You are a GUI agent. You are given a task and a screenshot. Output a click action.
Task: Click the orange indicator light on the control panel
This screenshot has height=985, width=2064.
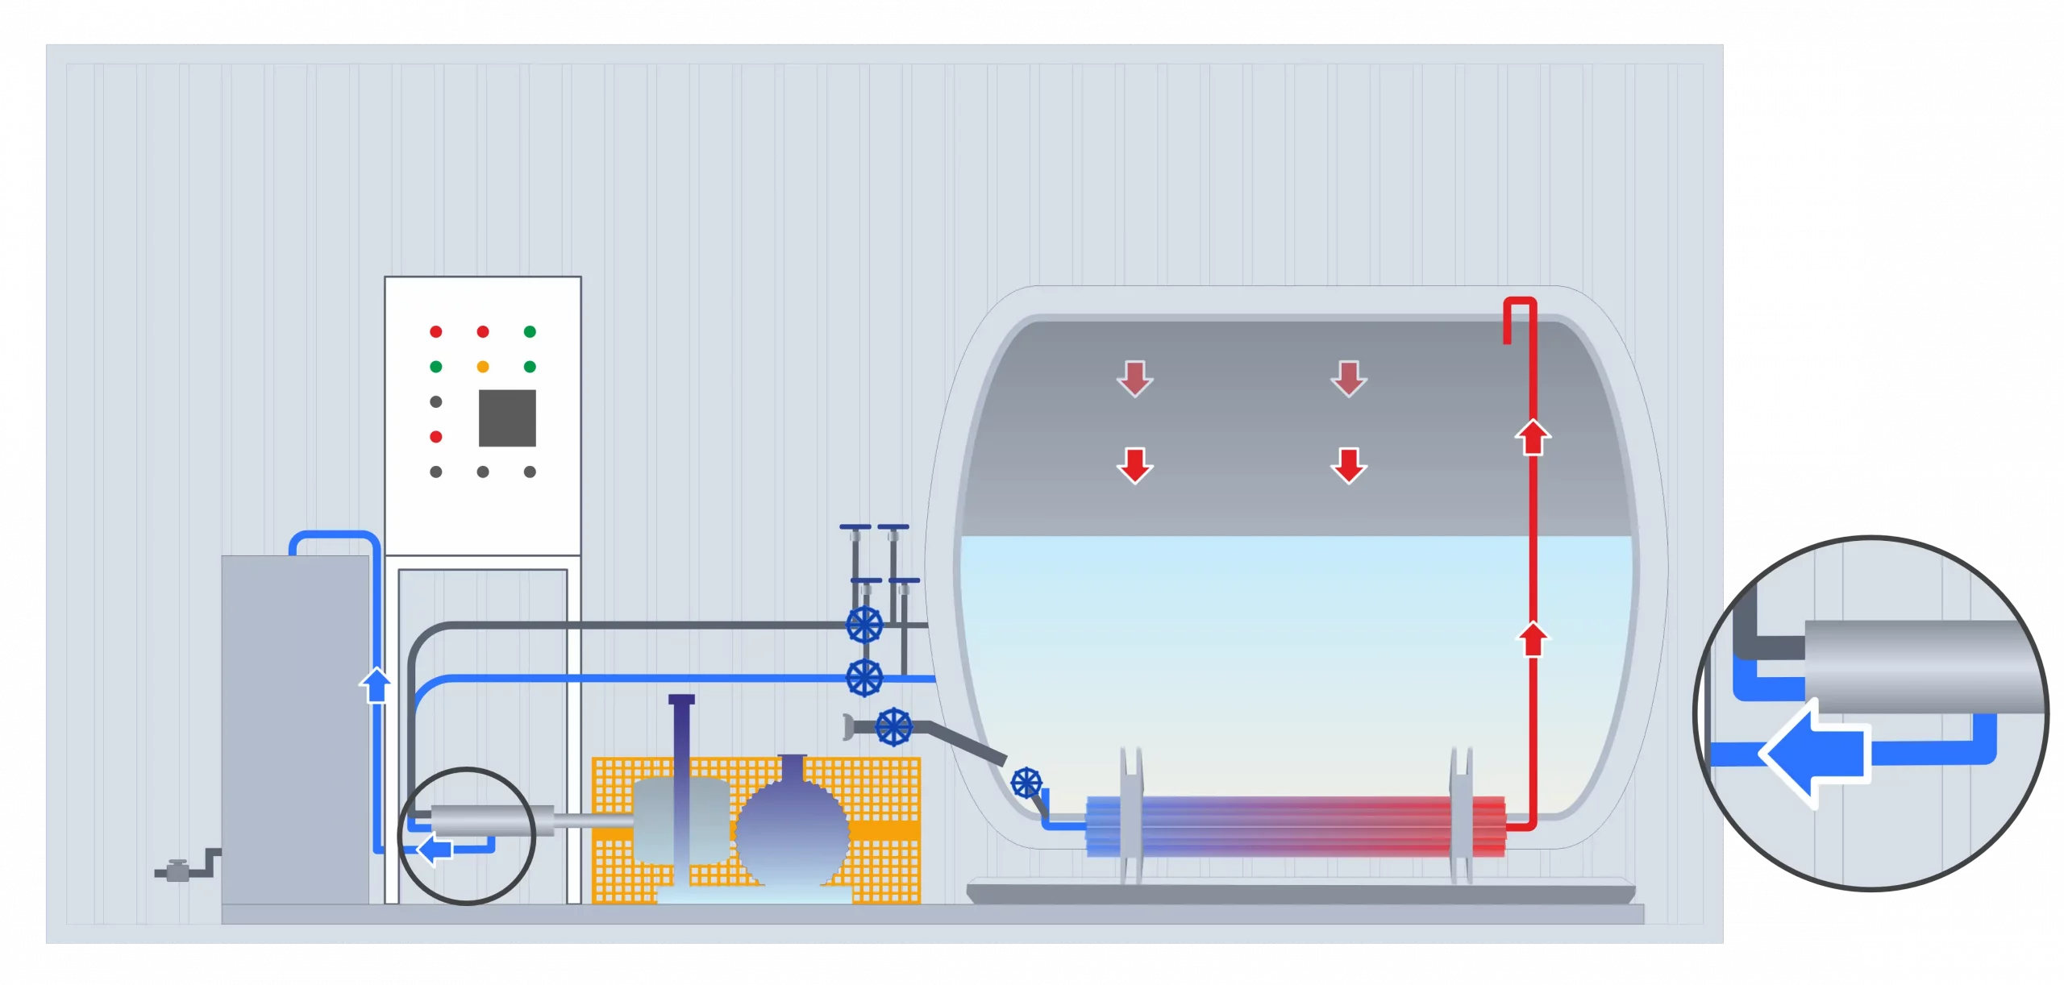(x=483, y=367)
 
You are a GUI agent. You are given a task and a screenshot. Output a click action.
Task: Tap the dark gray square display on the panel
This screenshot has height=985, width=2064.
(x=507, y=418)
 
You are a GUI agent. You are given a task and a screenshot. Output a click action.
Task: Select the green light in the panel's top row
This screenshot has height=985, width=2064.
(x=530, y=331)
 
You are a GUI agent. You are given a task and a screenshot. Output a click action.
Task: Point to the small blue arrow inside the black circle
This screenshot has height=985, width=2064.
(x=436, y=848)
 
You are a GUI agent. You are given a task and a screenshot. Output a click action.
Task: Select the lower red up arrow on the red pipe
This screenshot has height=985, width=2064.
(x=1533, y=640)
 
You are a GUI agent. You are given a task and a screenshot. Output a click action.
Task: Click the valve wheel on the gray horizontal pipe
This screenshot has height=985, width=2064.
(x=864, y=625)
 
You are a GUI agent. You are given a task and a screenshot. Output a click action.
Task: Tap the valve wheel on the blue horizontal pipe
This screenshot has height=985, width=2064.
(x=864, y=677)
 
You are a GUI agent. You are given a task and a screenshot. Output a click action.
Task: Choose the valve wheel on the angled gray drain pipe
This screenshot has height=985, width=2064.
(x=893, y=727)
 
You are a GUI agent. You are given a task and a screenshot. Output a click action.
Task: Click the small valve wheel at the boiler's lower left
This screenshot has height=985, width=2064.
(x=1026, y=782)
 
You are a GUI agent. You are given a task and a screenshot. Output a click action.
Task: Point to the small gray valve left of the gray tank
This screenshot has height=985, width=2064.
(x=177, y=871)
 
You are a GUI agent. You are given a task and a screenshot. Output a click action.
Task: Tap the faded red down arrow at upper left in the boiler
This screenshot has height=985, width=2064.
(x=1134, y=379)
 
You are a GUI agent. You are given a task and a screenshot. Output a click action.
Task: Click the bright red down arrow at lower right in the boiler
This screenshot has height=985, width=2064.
(x=1349, y=465)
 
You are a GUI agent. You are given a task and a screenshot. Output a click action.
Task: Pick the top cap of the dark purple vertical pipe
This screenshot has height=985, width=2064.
(x=681, y=699)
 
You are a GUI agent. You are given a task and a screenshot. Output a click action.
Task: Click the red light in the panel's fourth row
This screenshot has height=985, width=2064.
(x=436, y=437)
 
